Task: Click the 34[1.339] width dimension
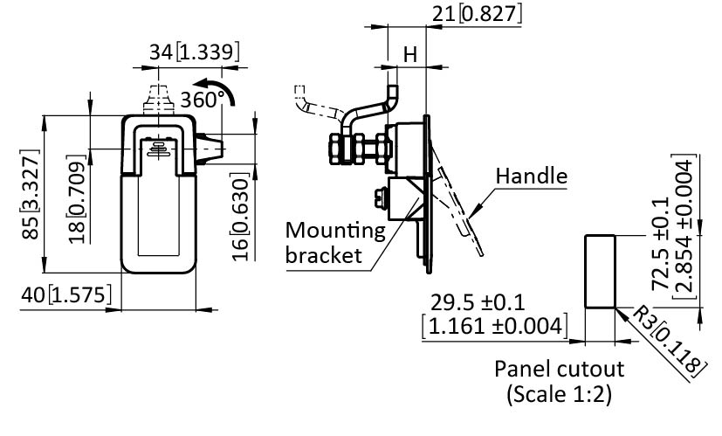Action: [194, 52]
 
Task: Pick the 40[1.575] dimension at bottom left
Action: [66, 296]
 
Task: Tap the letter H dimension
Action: [409, 55]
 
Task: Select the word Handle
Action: [531, 176]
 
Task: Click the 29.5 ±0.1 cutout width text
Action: [478, 302]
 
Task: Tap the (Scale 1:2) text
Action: [559, 394]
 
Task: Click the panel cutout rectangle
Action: [599, 271]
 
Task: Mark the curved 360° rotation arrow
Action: [230, 90]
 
